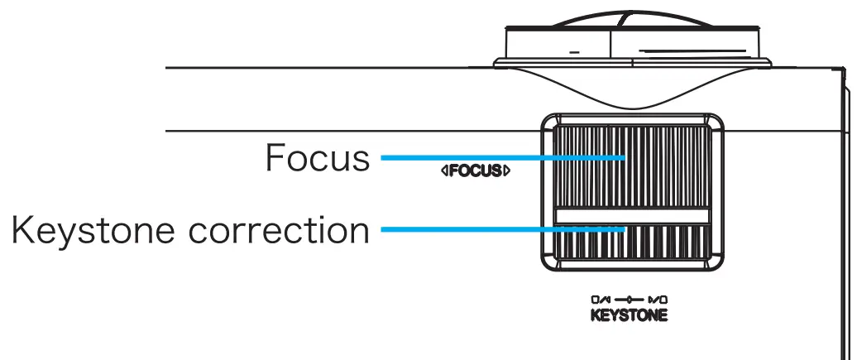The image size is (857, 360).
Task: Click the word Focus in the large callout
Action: click(x=317, y=157)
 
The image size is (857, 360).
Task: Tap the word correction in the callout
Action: click(x=280, y=230)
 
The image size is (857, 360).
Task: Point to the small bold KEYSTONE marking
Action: click(x=629, y=316)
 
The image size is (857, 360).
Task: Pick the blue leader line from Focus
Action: click(x=496, y=156)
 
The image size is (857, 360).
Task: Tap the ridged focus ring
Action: click(x=662, y=166)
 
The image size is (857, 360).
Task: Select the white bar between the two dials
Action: click(x=632, y=215)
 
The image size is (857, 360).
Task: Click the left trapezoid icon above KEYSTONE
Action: click(x=601, y=300)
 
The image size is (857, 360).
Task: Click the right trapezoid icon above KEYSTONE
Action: click(x=658, y=300)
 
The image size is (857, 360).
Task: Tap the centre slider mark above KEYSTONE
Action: click(x=630, y=300)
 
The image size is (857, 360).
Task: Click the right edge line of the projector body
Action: click(x=847, y=207)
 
